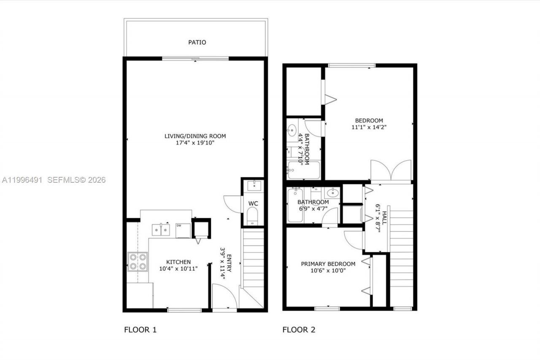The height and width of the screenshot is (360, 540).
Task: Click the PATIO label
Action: tap(197, 42)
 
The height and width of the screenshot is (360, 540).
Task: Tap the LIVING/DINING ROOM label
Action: tap(195, 136)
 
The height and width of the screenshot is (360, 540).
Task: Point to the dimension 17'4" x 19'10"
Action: tap(195, 143)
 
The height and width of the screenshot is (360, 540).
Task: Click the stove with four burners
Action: tap(138, 261)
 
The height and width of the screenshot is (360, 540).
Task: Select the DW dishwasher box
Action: tap(183, 230)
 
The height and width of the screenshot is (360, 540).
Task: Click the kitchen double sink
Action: tap(161, 229)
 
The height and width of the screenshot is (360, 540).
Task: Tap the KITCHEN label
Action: tap(178, 262)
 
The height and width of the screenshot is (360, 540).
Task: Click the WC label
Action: tap(253, 203)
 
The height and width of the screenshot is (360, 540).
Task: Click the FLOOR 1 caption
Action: tap(140, 330)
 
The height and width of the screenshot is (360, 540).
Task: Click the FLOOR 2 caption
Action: tap(299, 330)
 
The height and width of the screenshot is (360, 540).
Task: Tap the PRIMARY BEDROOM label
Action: tap(328, 264)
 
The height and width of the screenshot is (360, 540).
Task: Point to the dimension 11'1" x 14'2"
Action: tap(369, 127)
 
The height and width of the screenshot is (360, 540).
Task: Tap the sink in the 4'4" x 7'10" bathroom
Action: tap(292, 131)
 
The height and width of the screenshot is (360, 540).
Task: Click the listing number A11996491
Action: tap(22, 180)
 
